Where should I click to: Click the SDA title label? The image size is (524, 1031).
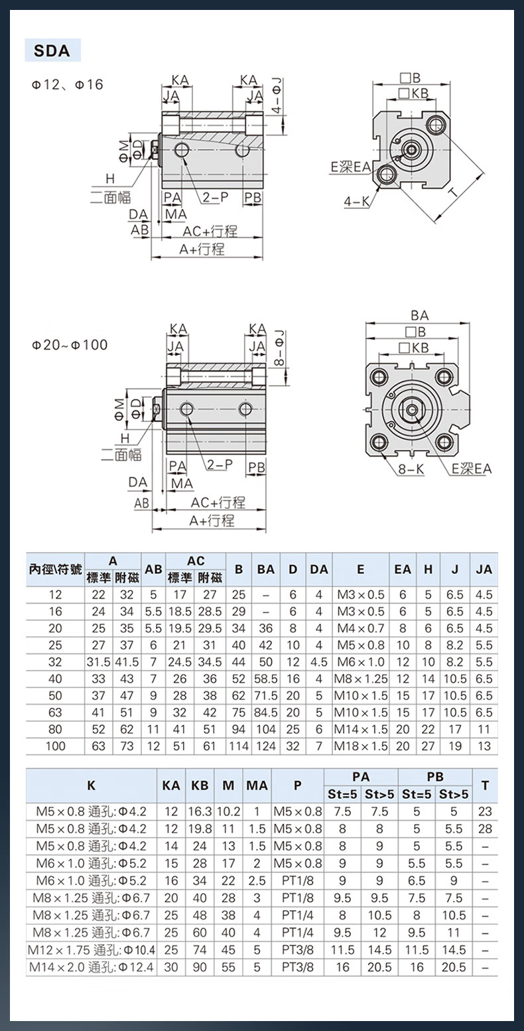click(52, 50)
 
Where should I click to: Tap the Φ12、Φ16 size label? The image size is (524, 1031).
click(67, 85)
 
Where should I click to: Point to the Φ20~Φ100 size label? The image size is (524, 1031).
click(70, 345)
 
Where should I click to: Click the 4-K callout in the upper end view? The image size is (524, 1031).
click(357, 201)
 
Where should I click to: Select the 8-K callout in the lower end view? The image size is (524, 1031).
click(411, 469)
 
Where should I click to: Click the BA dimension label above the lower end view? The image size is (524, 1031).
click(420, 316)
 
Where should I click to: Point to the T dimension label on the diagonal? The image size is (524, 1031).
click(454, 191)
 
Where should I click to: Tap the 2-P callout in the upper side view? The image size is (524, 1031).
click(216, 198)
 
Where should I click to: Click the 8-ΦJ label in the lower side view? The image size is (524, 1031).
click(279, 348)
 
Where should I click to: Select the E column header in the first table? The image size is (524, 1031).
click(361, 569)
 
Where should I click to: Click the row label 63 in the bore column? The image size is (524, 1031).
click(55, 713)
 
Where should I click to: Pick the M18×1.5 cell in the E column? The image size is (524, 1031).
click(361, 746)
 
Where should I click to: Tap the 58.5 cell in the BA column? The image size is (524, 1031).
click(266, 679)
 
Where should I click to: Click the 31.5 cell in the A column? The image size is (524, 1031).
click(98, 662)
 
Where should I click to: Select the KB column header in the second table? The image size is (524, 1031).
click(200, 786)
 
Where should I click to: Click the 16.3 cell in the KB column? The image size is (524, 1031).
click(200, 811)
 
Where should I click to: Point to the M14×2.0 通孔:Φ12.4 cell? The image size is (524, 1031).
click(92, 967)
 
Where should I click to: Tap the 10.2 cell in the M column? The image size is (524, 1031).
click(228, 811)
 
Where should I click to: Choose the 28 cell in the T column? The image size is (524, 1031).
click(485, 829)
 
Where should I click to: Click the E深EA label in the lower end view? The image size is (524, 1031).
click(472, 469)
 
